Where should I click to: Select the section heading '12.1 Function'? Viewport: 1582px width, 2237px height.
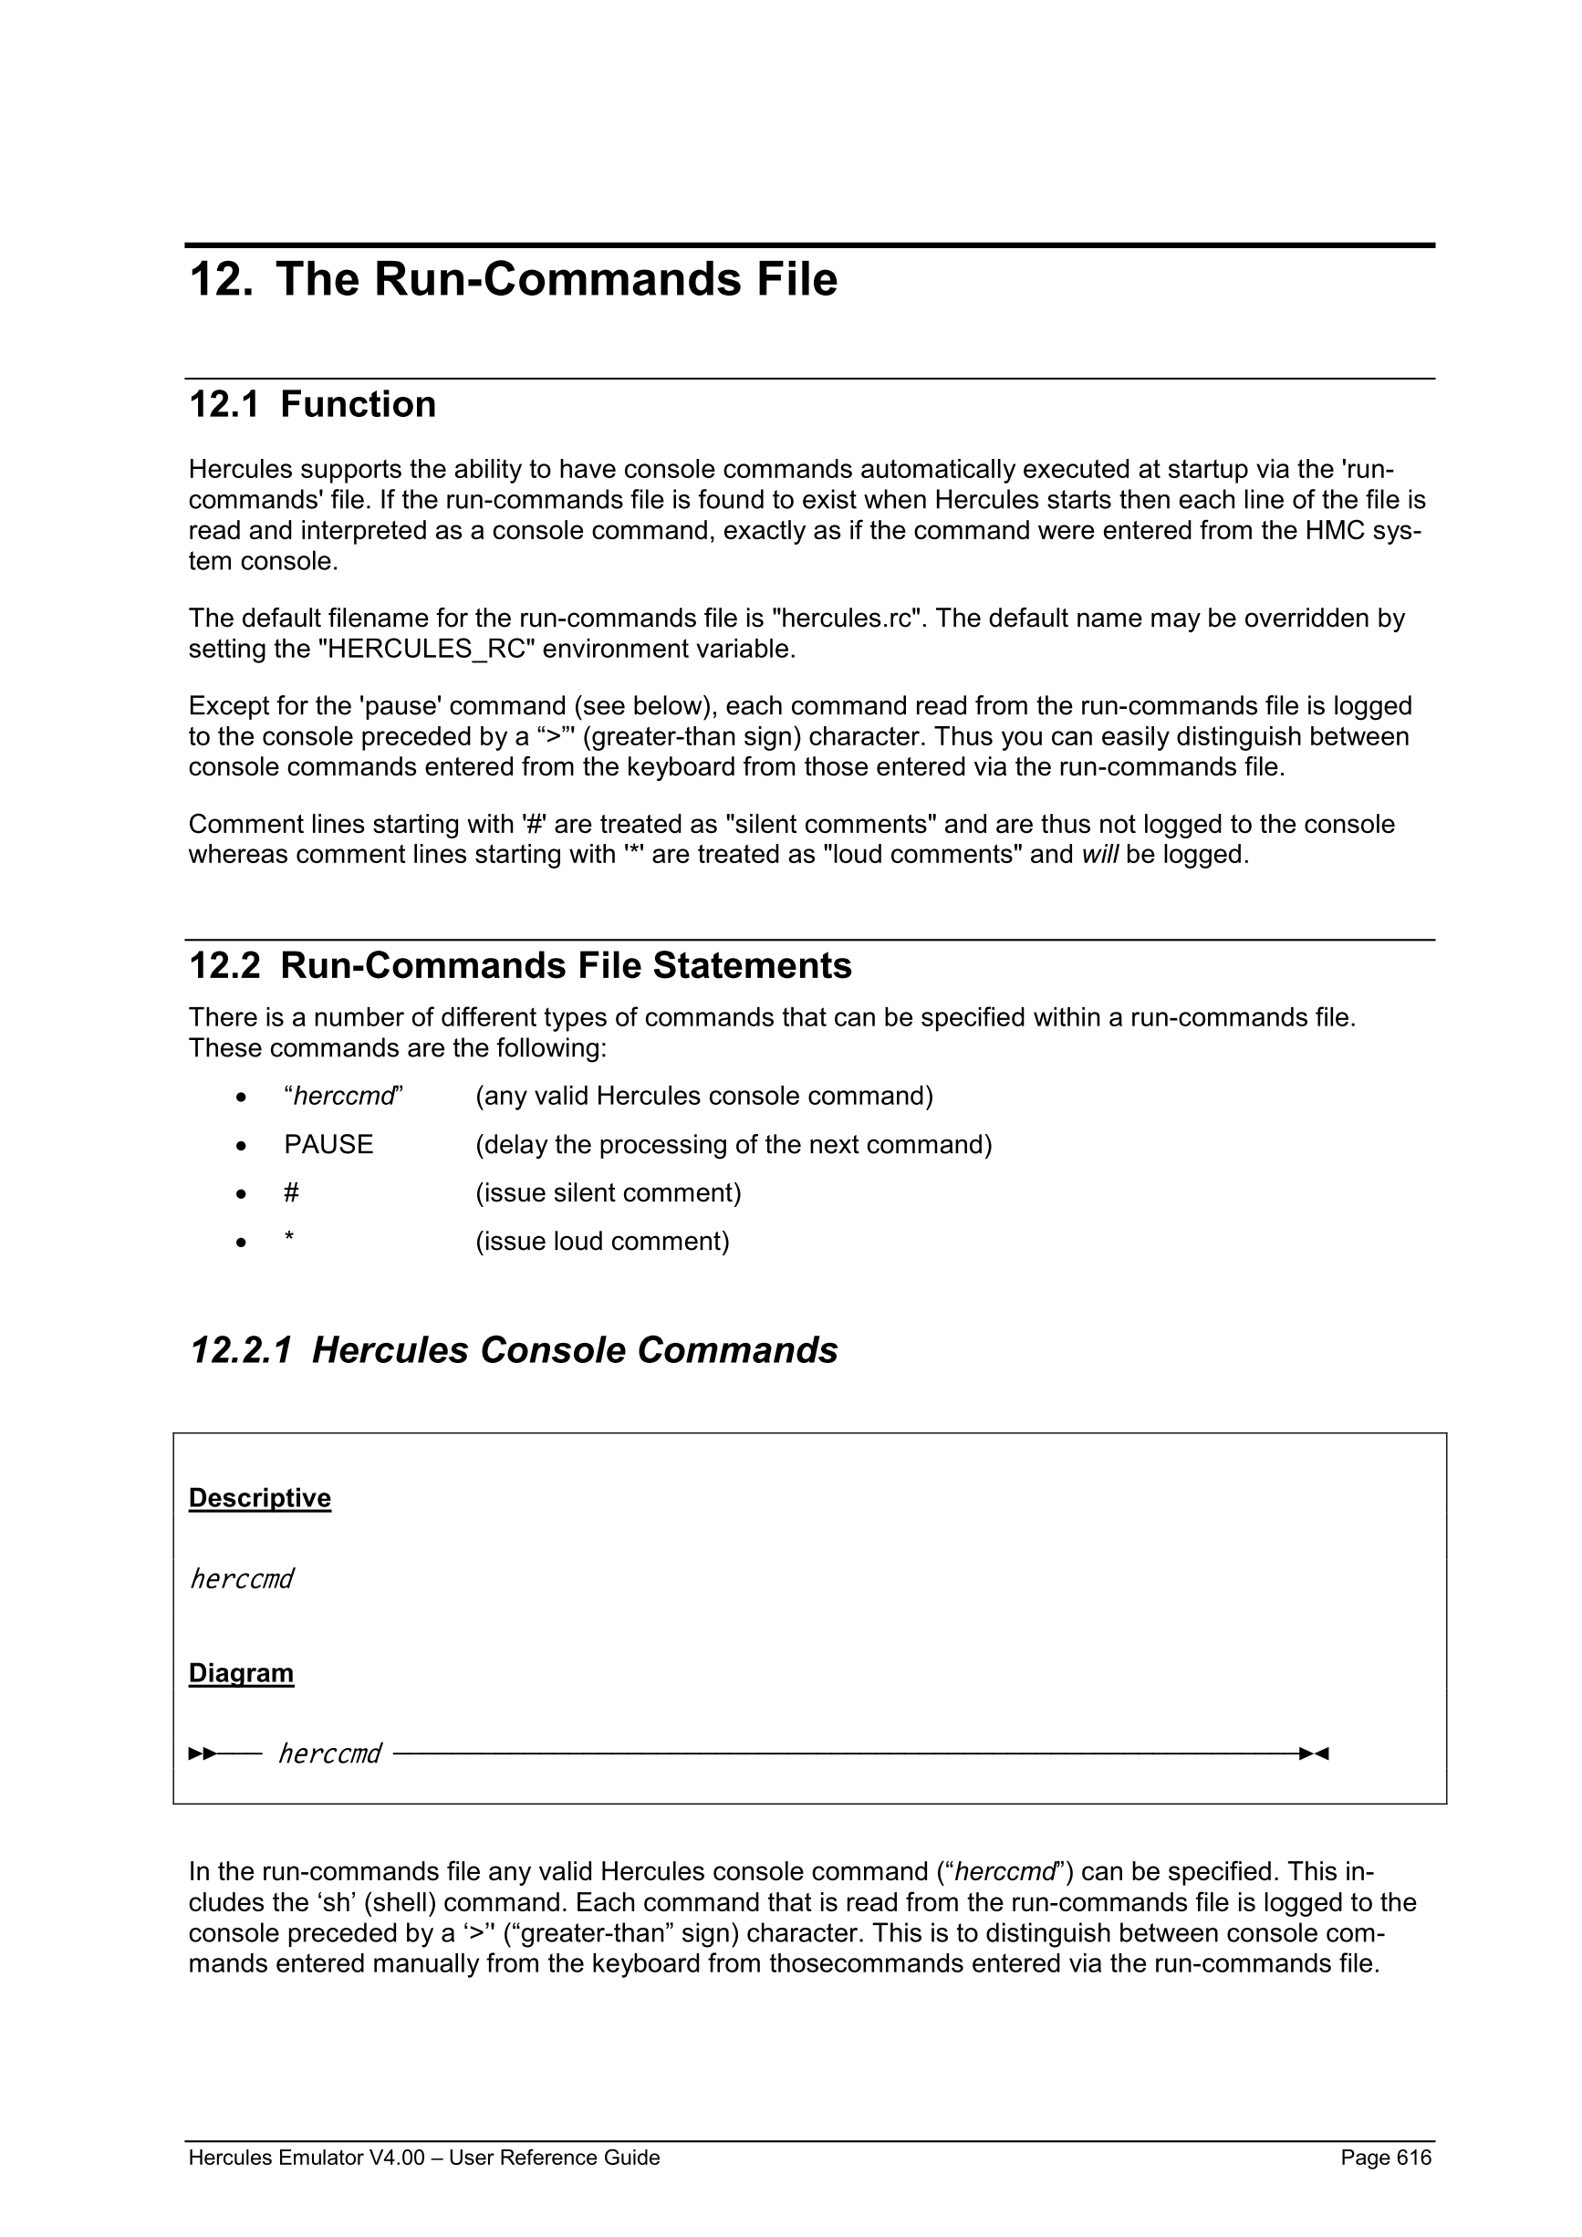[x=312, y=404]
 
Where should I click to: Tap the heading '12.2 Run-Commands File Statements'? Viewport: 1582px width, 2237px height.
[x=519, y=965]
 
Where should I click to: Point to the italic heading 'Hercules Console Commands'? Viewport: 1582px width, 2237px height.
[x=575, y=1350]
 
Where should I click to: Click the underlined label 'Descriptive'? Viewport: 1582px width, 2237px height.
[x=260, y=1497]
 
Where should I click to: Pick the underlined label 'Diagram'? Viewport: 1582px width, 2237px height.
[x=242, y=1673]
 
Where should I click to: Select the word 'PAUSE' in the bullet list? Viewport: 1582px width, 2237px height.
[x=328, y=1145]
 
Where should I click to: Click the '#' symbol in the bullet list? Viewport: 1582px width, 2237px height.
[x=291, y=1193]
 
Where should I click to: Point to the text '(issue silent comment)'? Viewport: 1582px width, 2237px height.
[x=608, y=1193]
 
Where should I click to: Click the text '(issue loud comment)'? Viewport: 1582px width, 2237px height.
[x=602, y=1242]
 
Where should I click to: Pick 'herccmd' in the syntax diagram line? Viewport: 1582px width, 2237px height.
[x=329, y=1753]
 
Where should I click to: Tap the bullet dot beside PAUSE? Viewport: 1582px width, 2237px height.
[x=242, y=1147]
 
